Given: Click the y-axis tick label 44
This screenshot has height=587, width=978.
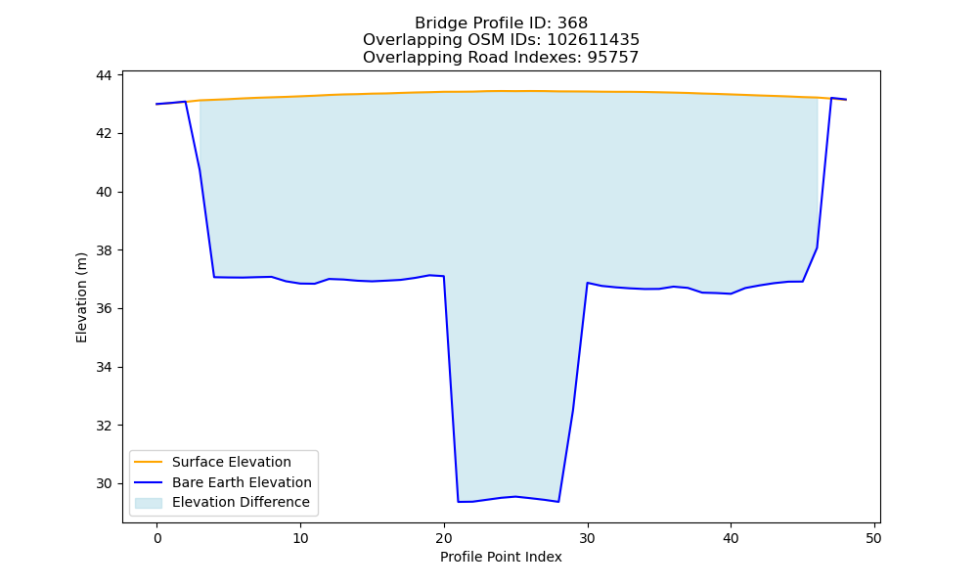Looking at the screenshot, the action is (104, 75).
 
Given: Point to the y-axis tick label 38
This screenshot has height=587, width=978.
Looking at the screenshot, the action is (104, 250).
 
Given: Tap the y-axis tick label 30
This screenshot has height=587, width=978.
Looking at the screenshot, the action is (104, 484).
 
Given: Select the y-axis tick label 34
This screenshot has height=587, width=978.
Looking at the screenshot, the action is (104, 368).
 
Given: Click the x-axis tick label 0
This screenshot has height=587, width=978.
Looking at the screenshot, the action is (157, 538).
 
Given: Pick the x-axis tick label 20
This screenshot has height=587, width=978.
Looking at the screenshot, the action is (444, 538).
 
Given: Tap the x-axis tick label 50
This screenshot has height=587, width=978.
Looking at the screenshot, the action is (873, 538).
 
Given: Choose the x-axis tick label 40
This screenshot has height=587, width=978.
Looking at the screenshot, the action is (731, 538).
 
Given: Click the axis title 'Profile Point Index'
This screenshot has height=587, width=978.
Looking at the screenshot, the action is (501, 557).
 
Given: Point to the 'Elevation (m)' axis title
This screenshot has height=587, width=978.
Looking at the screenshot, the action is (82, 297).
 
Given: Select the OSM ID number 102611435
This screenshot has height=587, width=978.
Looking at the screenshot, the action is (594, 40).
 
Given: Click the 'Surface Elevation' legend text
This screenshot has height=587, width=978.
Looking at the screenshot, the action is (232, 462).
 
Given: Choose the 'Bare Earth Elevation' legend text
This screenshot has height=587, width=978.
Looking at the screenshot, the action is (242, 482).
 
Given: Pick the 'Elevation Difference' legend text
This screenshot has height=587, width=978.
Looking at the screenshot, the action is (241, 502).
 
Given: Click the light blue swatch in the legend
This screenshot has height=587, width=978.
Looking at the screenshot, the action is (149, 503).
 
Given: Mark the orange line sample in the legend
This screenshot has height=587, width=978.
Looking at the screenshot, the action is (149, 462).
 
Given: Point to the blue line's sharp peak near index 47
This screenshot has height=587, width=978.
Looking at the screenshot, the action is (831, 98).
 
